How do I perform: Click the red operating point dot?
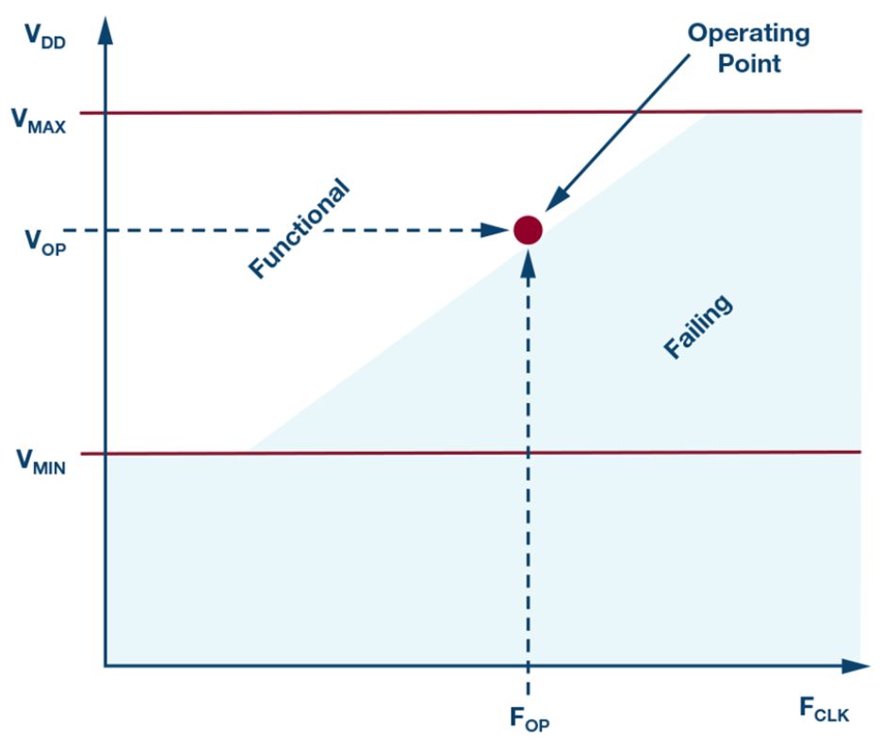coord(528,230)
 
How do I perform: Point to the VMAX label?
coord(39,120)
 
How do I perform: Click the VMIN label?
coord(39,461)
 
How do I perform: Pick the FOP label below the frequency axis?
coord(530,722)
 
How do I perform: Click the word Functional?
coord(299,229)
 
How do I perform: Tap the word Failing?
coord(698,328)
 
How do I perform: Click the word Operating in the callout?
coord(747,35)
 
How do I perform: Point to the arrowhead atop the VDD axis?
coord(105,28)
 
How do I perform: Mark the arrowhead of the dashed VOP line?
coord(494,230)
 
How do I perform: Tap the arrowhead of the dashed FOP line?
coord(528,263)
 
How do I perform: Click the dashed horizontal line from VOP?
coord(283,230)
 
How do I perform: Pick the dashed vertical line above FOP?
coord(528,471)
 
